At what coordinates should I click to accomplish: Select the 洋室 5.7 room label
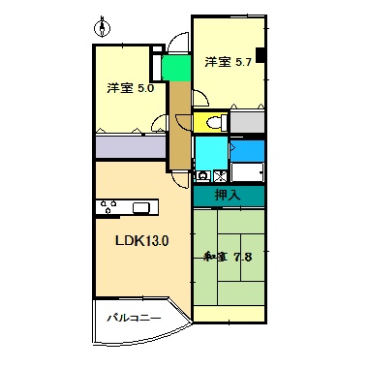[x=228, y=63]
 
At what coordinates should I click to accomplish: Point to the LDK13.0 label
[x=142, y=240]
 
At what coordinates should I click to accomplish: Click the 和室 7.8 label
[x=228, y=257]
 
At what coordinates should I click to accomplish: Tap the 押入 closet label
[x=228, y=196]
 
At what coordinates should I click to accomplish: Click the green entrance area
[x=175, y=71]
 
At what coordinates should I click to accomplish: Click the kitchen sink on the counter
[x=142, y=206]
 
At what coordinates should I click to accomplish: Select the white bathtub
[x=247, y=173]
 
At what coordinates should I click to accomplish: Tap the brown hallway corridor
[x=179, y=121]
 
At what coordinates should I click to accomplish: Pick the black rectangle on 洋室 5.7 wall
[x=260, y=55]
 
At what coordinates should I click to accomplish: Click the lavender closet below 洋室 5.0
[x=131, y=147]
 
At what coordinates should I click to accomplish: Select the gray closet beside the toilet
[x=247, y=123]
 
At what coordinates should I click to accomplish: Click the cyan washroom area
[x=210, y=152]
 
